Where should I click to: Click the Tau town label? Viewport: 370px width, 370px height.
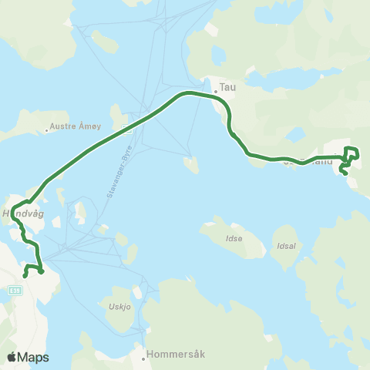point(227,87)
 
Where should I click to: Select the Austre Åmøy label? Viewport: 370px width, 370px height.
point(75,126)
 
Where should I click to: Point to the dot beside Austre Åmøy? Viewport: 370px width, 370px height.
point(48,129)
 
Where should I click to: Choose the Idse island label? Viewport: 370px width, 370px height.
point(234,238)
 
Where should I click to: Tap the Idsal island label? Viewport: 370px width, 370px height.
point(284,237)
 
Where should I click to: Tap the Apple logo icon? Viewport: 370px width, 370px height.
point(12,357)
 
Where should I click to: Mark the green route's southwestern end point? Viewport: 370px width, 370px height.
point(25,275)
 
